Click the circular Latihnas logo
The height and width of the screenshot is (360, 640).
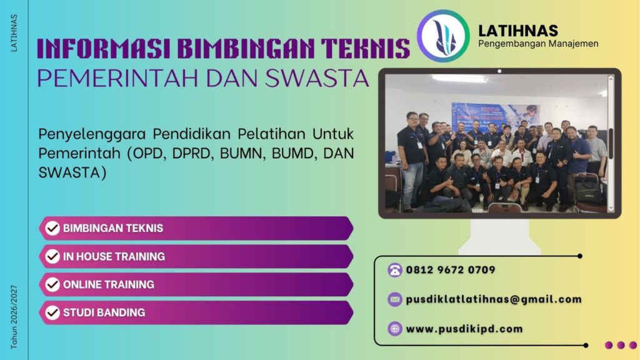coord(442,36)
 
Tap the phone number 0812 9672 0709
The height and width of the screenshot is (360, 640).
coord(451,270)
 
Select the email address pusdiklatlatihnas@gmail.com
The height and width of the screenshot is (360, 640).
coord(494,299)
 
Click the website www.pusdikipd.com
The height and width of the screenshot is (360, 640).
coord(464,329)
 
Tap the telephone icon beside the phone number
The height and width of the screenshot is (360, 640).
coord(394,270)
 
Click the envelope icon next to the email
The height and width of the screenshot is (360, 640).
coord(394,299)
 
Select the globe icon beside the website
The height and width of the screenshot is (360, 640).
coord(394,329)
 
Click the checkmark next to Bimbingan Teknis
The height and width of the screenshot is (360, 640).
coord(53,228)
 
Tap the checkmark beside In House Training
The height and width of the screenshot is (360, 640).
coord(53,256)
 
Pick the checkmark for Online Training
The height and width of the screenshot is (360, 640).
coord(53,284)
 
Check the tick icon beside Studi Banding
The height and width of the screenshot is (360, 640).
coord(53,312)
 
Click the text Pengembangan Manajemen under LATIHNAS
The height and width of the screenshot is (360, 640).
coord(538,44)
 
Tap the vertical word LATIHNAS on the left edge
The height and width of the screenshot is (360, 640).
coord(14,32)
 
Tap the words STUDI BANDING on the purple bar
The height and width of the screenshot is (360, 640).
coord(104,312)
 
